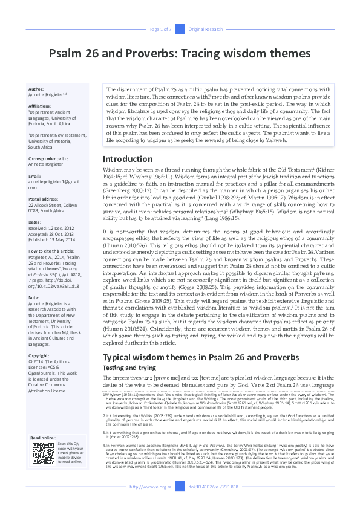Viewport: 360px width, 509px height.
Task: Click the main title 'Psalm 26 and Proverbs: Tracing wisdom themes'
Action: click(x=179, y=52)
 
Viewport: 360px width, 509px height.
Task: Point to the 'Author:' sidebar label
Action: click(x=36, y=89)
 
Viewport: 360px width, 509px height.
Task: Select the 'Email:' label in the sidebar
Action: click(x=34, y=176)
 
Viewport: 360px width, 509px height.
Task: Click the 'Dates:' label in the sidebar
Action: click(x=34, y=222)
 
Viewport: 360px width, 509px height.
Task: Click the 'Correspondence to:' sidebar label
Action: click(x=48, y=158)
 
